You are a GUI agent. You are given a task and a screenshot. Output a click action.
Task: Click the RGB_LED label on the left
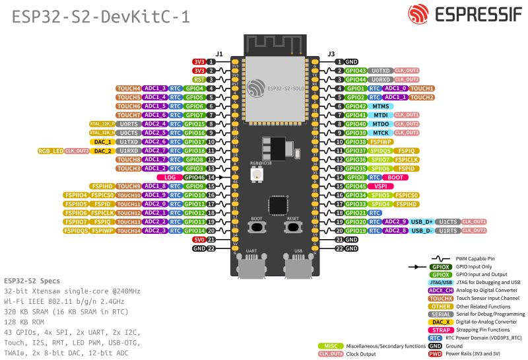(x=51, y=151)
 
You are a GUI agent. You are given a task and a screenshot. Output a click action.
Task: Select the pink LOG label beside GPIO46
(x=170, y=177)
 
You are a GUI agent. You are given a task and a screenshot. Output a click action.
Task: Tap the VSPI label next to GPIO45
(x=380, y=186)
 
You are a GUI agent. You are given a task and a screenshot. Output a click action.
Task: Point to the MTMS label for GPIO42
(x=380, y=106)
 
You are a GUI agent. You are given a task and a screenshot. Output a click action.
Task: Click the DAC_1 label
(x=102, y=141)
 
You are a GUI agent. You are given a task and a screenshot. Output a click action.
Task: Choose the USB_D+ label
(x=421, y=222)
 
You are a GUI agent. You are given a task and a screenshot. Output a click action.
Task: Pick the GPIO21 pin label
(x=356, y=213)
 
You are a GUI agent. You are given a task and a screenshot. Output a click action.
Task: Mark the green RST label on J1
(x=198, y=79)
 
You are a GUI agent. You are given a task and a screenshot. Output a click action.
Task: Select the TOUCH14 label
(x=129, y=231)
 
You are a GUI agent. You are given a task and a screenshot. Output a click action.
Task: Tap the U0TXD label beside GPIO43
(x=381, y=70)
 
